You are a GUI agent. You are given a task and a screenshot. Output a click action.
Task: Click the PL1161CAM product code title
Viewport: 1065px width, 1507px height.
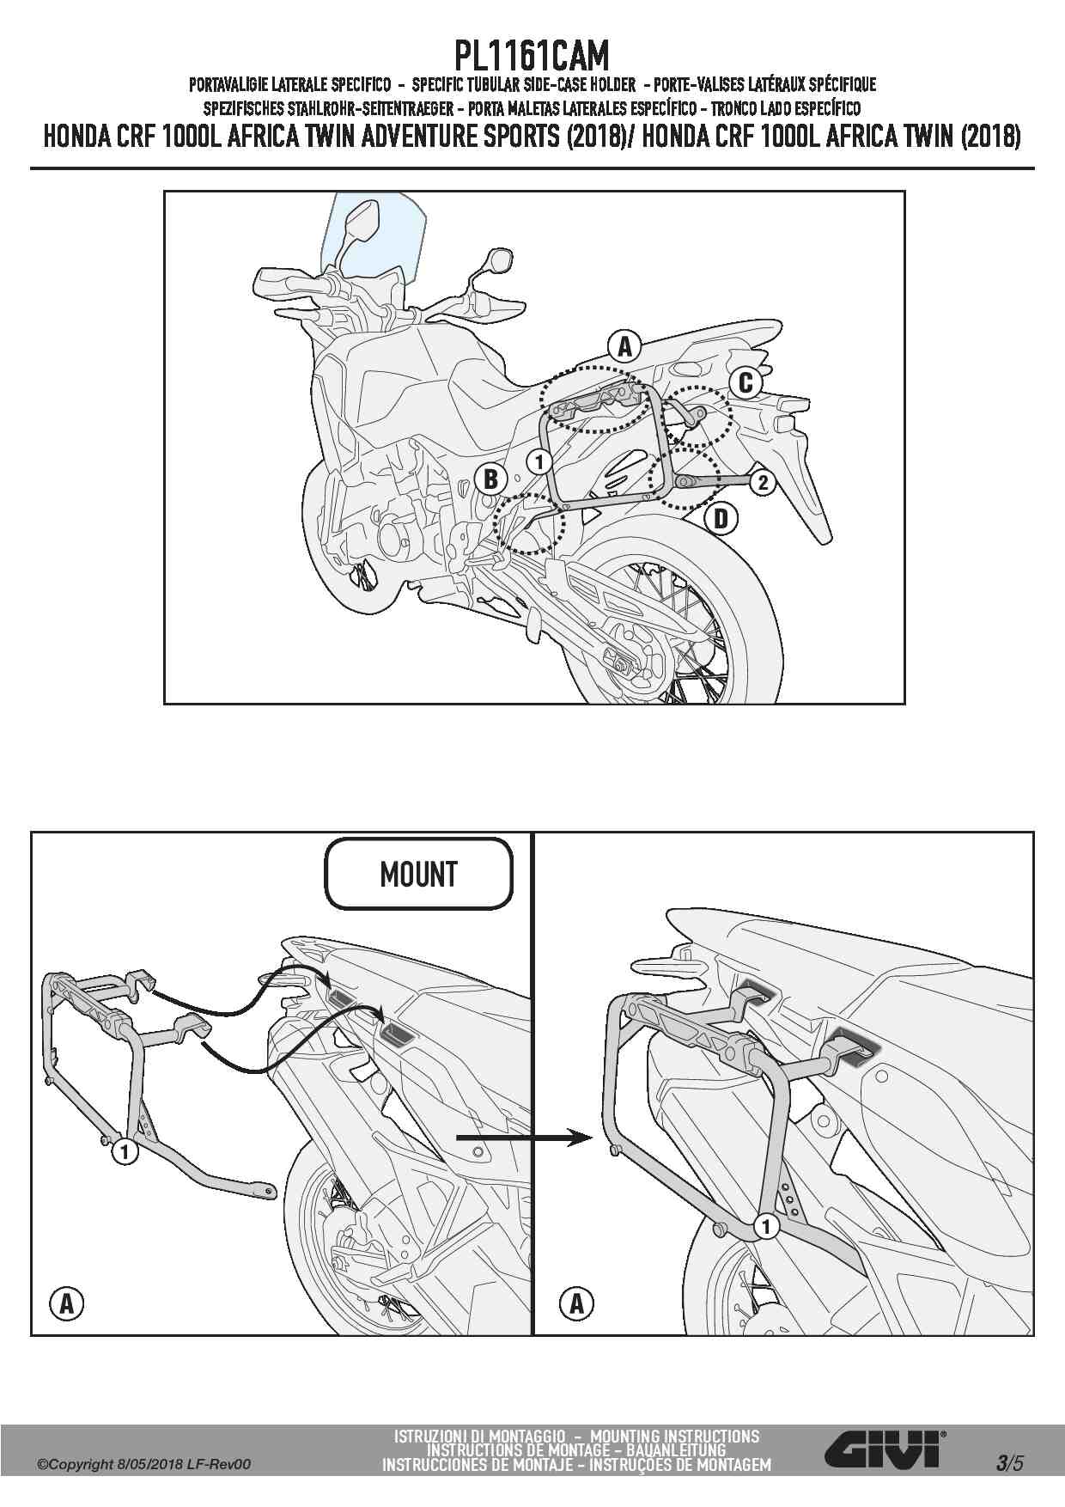coord(532,56)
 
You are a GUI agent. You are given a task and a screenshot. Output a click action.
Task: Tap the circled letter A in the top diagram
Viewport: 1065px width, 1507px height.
coord(624,346)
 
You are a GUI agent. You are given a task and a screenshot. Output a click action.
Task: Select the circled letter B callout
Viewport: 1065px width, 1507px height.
coord(491,478)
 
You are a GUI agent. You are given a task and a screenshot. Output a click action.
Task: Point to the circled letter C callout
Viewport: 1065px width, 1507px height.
coord(745,381)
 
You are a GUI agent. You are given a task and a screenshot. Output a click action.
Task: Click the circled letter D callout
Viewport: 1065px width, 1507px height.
coord(721,518)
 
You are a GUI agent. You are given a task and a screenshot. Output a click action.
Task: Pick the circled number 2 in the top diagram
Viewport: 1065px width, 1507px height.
coord(763,482)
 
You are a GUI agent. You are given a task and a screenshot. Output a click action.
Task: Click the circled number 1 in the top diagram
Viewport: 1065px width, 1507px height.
coord(539,461)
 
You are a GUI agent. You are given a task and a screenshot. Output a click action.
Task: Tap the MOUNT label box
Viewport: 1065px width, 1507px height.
coord(418,875)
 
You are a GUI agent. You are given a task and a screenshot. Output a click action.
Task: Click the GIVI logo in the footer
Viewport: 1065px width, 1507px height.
coord(885,1451)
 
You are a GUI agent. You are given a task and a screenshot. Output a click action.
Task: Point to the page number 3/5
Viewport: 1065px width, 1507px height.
coord(1010,1462)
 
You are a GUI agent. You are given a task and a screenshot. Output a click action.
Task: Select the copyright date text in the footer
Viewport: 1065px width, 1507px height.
coord(144,1464)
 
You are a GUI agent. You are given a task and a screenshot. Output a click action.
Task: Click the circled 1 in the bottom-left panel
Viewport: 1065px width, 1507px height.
coord(125,1150)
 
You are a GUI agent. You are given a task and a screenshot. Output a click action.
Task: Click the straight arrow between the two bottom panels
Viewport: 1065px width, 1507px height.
coord(525,1138)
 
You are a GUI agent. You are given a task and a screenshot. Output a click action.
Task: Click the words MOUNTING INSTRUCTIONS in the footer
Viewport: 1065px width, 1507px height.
coord(675,1436)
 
